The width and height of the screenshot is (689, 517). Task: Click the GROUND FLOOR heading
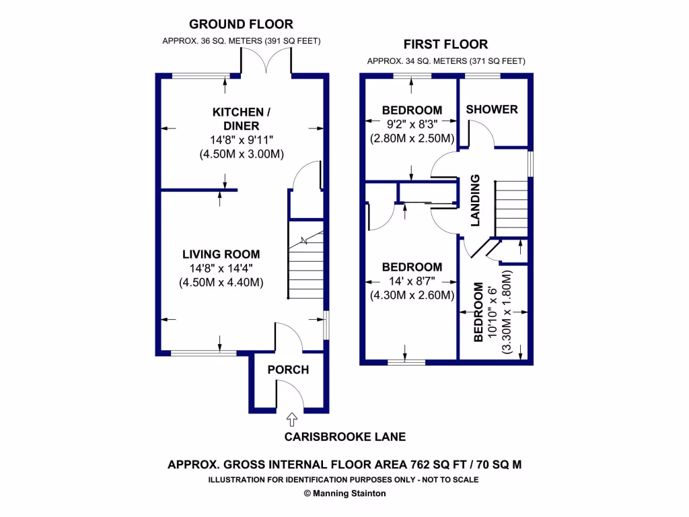241,24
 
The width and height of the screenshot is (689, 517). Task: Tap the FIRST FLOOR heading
445,44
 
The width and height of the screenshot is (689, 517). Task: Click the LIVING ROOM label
221,254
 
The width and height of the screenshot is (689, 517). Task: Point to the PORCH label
288,370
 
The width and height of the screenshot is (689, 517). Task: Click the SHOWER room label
492,109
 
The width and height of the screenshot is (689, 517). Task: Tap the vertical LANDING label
475,200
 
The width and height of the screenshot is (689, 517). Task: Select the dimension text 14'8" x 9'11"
242,140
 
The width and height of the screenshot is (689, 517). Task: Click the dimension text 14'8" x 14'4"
221,269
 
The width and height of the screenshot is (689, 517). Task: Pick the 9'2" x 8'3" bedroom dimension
412,124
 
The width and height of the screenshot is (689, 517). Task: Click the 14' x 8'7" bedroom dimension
412,281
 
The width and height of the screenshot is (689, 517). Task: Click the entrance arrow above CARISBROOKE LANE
291,420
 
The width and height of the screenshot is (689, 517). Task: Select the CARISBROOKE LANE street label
344,437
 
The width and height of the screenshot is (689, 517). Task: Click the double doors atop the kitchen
267,62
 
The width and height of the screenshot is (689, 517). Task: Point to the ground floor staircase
306,266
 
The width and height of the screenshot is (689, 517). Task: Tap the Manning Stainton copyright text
344,493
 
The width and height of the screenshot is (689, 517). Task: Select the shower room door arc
481,133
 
